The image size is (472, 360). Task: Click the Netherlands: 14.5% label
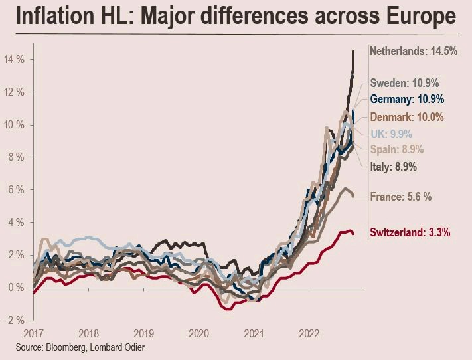click(414, 51)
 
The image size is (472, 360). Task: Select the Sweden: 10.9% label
click(404, 83)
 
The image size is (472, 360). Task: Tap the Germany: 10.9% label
click(408, 99)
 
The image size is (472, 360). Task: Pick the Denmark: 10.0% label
click(407, 117)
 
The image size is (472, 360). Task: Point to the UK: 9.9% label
click(391, 134)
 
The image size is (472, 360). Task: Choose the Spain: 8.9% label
click(397, 149)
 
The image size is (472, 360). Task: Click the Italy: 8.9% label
click(394, 167)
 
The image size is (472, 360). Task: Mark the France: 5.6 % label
click(401, 197)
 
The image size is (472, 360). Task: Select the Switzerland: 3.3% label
click(410, 232)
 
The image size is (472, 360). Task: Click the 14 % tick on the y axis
click(14, 60)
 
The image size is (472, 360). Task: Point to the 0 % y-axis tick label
click(16, 288)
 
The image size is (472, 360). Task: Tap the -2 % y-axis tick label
click(13, 320)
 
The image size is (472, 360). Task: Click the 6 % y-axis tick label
click(16, 190)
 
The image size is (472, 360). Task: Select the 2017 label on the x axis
click(33, 334)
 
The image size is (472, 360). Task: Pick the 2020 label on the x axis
click(198, 334)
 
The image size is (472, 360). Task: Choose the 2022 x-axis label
click(309, 334)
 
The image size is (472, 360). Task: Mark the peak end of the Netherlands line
click(353, 51)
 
